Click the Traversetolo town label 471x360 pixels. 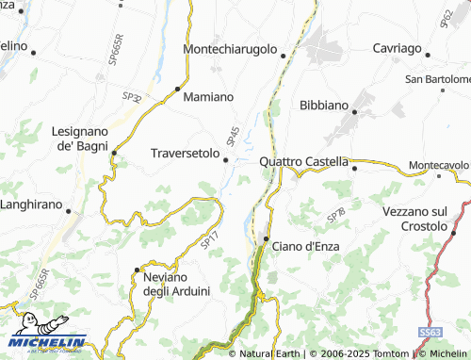185,152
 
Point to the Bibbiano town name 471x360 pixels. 323,106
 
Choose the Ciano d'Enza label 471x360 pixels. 306,246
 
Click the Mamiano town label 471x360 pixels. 207,97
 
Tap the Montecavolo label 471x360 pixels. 438,166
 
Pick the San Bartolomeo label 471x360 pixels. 438,79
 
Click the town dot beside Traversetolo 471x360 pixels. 226,159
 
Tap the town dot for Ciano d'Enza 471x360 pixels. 267,239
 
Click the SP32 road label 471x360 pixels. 132,97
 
